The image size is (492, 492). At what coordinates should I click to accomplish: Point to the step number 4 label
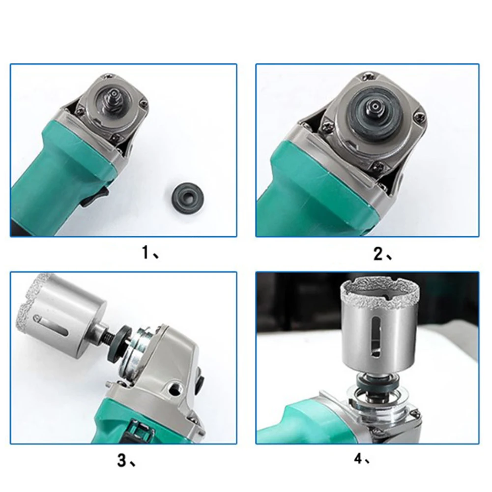(358, 459)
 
